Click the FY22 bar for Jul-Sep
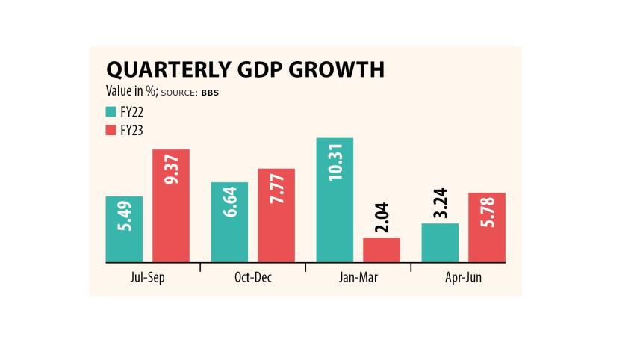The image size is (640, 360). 124,229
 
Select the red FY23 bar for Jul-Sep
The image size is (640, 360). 171,206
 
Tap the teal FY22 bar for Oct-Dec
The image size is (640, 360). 229,223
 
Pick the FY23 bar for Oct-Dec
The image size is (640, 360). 276,216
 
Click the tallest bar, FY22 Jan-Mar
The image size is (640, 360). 335,200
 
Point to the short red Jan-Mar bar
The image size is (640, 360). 382,250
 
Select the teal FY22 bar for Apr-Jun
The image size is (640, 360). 440,243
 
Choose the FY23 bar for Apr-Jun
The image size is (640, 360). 487,228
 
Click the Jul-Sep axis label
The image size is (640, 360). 147,277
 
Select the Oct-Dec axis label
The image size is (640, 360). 253,277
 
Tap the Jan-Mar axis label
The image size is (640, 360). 358,277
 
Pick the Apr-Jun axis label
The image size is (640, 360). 463,277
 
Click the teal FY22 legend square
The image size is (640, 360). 110,112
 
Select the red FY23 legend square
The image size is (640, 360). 110,130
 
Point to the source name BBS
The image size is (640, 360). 210,93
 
